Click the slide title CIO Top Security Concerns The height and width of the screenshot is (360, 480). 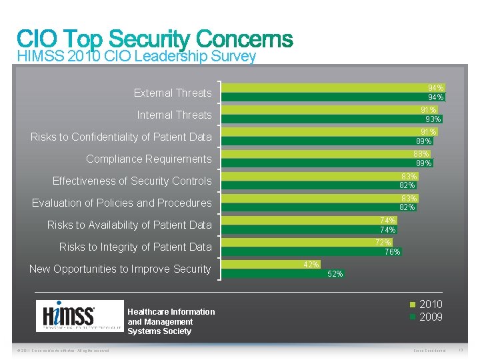pyautogui.click(x=155, y=39)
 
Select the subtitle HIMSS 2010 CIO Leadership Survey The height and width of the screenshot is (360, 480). pyautogui.click(x=136, y=57)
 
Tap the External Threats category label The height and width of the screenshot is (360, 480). pyautogui.click(x=172, y=93)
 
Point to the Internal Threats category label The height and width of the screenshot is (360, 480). pyautogui.click(x=174, y=115)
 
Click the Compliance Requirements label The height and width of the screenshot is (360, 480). pyautogui.click(x=148, y=159)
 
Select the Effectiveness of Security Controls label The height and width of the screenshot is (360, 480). pyautogui.click(x=131, y=181)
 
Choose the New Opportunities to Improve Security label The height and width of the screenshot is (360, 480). pyautogui.click(x=120, y=269)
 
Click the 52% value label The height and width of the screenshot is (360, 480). pyautogui.click(x=336, y=274)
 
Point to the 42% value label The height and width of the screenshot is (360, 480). pyautogui.click(x=311, y=265)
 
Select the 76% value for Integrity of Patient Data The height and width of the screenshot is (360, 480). pyautogui.click(x=392, y=252)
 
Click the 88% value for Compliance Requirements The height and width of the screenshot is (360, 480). pyautogui.click(x=421, y=154)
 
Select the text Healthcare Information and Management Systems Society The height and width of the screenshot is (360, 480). pyautogui.click(x=171, y=321)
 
